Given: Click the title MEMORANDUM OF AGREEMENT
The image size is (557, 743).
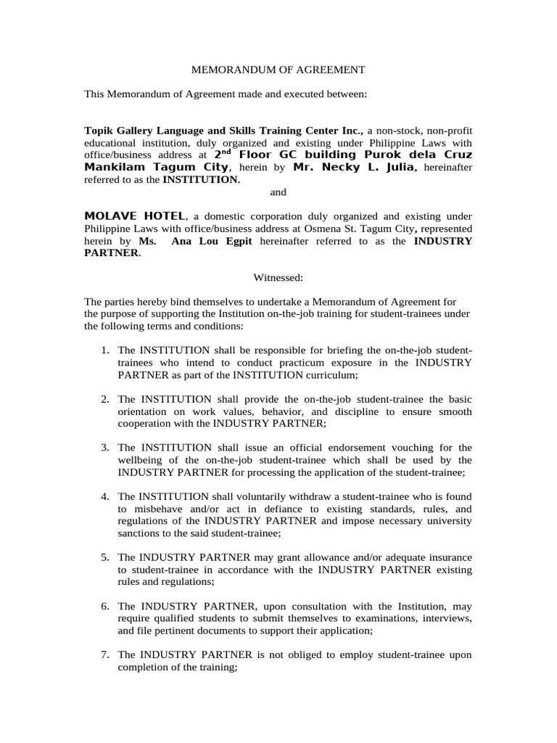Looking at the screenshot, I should pyautogui.click(x=278, y=70).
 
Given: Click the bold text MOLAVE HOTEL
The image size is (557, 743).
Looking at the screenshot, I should pyautogui.click(x=136, y=216).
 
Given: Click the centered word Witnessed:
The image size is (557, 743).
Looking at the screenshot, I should pyautogui.click(x=278, y=277).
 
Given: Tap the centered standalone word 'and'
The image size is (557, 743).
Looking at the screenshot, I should pyautogui.click(x=278, y=192).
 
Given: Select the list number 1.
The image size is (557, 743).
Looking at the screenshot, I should pyautogui.click(x=105, y=350).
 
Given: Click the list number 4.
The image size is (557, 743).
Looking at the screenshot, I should pyautogui.click(x=105, y=496).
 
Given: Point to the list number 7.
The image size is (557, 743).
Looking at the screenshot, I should pyautogui.click(x=105, y=654).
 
